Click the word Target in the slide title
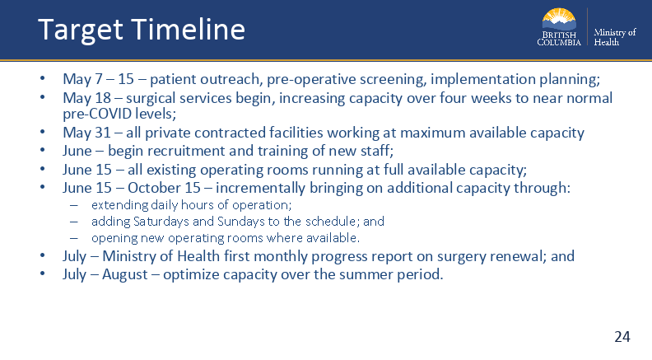pyautogui.click(x=80, y=30)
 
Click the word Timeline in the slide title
pyautogui.click(x=189, y=29)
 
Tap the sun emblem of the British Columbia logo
pyautogui.click(x=559, y=19)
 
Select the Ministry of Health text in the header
pyautogui.click(x=615, y=37)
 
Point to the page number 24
pyautogui.click(x=622, y=336)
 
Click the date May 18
pyautogui.click(x=87, y=98)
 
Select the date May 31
pyautogui.click(x=87, y=133)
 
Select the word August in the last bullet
pyautogui.click(x=125, y=274)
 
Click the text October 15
pyautogui.click(x=165, y=188)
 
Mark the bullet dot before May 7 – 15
pyautogui.click(x=43, y=77)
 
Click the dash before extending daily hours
pyautogui.click(x=74, y=205)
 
